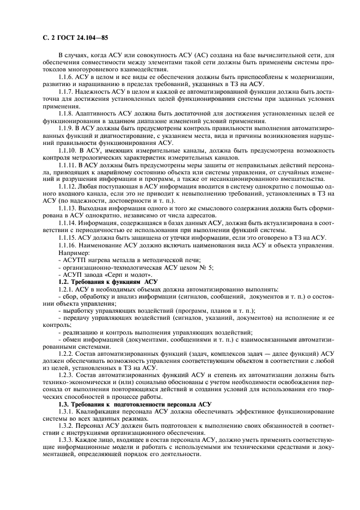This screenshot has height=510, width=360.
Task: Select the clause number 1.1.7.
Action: [x=66, y=92]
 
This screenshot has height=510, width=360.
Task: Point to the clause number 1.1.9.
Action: [x=66, y=127]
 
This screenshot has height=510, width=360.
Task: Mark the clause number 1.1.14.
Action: [x=68, y=223]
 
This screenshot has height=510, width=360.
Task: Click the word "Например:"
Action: [x=75, y=253]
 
